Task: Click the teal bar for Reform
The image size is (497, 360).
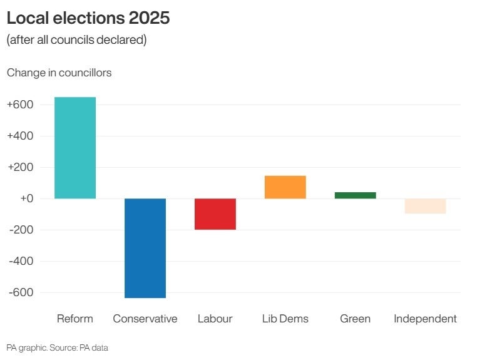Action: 75,148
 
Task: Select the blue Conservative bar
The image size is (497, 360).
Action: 145,248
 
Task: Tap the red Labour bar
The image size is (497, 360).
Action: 215,214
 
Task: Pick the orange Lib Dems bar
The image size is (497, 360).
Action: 285,187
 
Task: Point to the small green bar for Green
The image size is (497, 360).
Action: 356,195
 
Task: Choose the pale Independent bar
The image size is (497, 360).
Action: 426,206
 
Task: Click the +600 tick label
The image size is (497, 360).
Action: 20,105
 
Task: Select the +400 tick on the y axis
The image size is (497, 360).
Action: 20,136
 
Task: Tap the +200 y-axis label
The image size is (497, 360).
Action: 20,167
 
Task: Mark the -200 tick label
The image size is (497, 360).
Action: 20,230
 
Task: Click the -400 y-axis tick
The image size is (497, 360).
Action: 20,261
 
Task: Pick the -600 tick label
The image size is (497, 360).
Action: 20,292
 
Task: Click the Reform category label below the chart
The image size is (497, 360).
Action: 75,319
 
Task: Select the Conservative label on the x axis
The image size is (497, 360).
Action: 145,319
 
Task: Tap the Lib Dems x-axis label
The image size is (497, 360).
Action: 285,319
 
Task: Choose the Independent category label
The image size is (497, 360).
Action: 426,319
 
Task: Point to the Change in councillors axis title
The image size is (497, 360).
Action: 59,73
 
